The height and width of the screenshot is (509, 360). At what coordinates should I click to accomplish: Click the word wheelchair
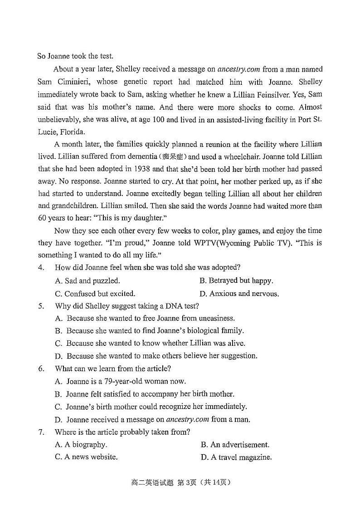coord(256,156)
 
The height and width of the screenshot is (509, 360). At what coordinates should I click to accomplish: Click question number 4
coord(41,267)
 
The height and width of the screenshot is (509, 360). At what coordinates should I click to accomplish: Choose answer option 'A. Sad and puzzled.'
coord(87,281)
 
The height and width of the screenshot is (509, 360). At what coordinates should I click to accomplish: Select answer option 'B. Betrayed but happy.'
coord(236,281)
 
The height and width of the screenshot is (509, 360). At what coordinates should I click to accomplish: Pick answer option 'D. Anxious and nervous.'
coord(239,293)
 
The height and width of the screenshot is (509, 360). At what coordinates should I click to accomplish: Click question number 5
coord(41,306)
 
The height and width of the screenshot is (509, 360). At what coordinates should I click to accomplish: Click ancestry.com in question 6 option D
coord(188,419)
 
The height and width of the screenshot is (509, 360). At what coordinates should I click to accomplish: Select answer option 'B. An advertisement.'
coord(235,445)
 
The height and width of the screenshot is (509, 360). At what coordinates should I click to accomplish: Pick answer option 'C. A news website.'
coord(86,457)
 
